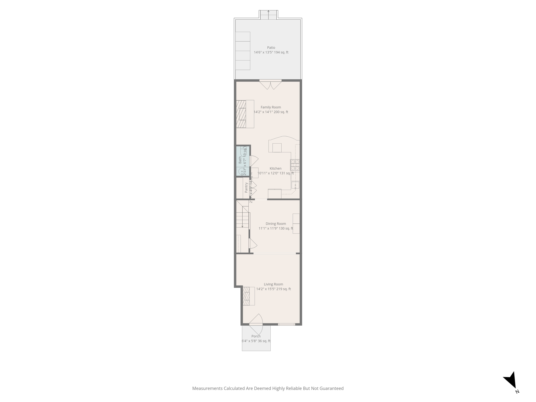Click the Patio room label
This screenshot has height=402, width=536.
pyautogui.click(x=271, y=48)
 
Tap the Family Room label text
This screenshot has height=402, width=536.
pyautogui.click(x=271, y=107)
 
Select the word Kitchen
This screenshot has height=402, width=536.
pyautogui.click(x=275, y=169)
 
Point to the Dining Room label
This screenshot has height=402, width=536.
pyautogui.click(x=276, y=224)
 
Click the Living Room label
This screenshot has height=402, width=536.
pyautogui.click(x=273, y=284)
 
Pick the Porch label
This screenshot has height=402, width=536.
pyautogui.click(x=256, y=336)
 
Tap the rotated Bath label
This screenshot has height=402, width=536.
pyautogui.click(x=240, y=160)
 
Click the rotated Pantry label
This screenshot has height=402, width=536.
pyautogui.click(x=246, y=188)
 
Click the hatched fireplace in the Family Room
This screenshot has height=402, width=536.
pyautogui.click(x=241, y=114)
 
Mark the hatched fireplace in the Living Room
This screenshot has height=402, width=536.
pyautogui.click(x=246, y=296)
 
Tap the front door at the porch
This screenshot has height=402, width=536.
pyautogui.click(x=256, y=324)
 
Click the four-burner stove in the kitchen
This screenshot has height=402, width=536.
pyautogui.click(x=295, y=165)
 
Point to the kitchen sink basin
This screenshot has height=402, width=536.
pyautogui.click(x=295, y=185)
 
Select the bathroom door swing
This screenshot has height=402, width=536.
pyautogui.click(x=254, y=160)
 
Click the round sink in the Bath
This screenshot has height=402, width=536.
pyautogui.click(x=242, y=171)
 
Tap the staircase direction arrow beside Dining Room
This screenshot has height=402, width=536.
pyautogui.click(x=243, y=217)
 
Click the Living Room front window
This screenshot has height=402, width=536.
pyautogui.click(x=287, y=325)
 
